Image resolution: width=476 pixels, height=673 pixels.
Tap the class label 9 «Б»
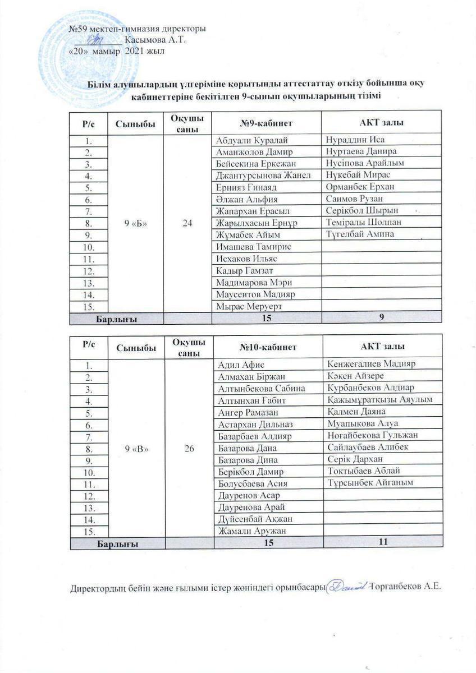point(135,223)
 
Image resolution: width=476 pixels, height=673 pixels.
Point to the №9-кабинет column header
point(266,123)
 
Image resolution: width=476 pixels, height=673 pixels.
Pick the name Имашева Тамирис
point(250,247)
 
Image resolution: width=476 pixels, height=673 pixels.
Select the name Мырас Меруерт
point(245,306)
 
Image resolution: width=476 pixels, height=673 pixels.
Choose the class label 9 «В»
point(135,448)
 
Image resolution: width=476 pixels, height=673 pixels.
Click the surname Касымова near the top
point(144,40)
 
